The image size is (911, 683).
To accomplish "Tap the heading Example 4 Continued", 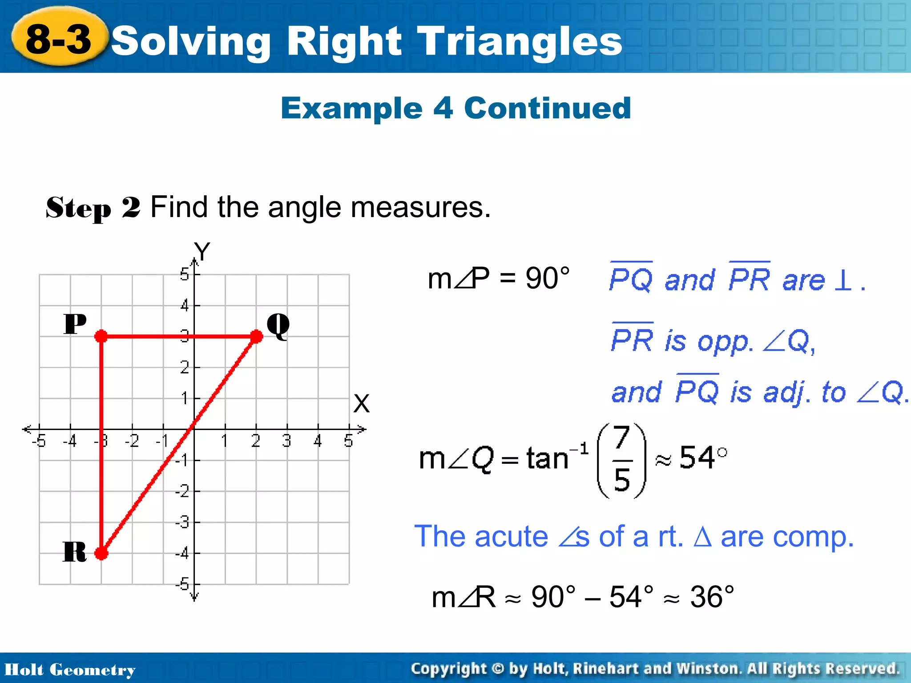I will pos(455,108).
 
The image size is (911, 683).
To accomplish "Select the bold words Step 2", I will pos(93,208).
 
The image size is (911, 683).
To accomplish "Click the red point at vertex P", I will pos(101,336).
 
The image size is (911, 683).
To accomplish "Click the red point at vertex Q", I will pos(256,336).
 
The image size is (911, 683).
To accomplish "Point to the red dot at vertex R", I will pos(101,553).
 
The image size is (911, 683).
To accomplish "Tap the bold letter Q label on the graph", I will pos(278,325).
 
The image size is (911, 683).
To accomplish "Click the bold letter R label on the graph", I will pos(74,552).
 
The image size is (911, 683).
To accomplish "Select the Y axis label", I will pos(202,252).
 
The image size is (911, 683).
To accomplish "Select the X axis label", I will pos(361,404).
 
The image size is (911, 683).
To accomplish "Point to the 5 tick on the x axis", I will pos(348,441).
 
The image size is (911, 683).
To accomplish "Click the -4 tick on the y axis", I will pos(182,554).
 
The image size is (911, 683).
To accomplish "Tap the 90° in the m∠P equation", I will pos(547,279).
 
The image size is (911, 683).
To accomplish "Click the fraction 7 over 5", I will pos(621,460).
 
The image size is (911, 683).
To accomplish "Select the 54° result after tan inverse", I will pos(703,458).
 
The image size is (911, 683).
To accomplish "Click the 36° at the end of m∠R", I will pos(712,597).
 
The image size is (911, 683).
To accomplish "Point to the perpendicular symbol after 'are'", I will pos(843,280).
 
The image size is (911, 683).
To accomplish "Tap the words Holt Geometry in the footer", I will pos(70,670).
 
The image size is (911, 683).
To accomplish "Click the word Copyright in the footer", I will pos(448,668).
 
